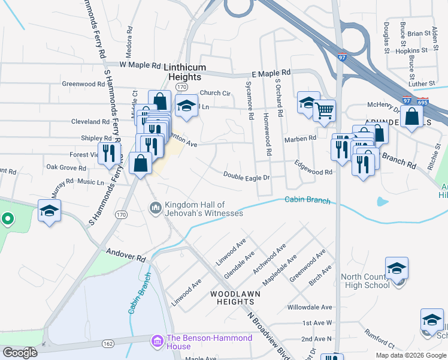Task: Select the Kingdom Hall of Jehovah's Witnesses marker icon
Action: (155, 208)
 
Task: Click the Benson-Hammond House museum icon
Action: (158, 341)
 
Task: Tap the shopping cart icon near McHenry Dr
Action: (324, 110)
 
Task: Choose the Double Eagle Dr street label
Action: (247, 176)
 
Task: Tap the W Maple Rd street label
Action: (141, 65)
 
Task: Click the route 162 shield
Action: (108, 343)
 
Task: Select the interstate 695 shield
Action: (423, 101)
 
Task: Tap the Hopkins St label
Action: (411, 51)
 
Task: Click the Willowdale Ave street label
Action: (310, 306)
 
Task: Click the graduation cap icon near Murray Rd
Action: (50, 210)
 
